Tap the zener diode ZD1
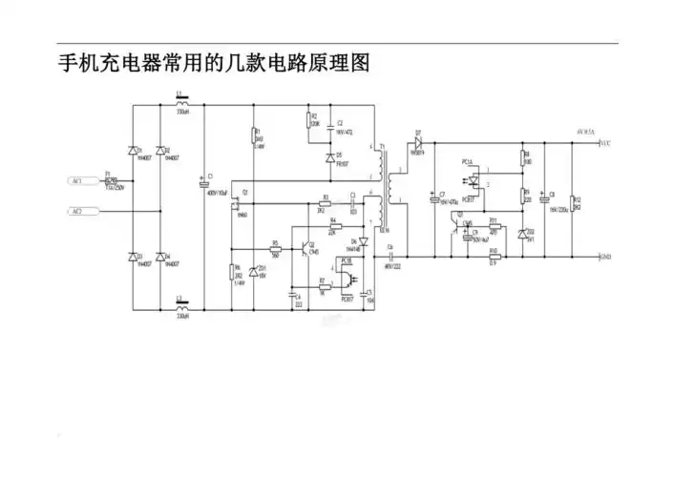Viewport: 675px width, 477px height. tap(253, 269)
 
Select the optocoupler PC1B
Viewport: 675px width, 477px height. tap(348, 278)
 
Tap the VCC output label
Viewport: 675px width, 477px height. tap(604, 143)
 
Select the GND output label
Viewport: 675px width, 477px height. tap(604, 257)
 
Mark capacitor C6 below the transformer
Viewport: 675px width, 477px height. tap(390, 257)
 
